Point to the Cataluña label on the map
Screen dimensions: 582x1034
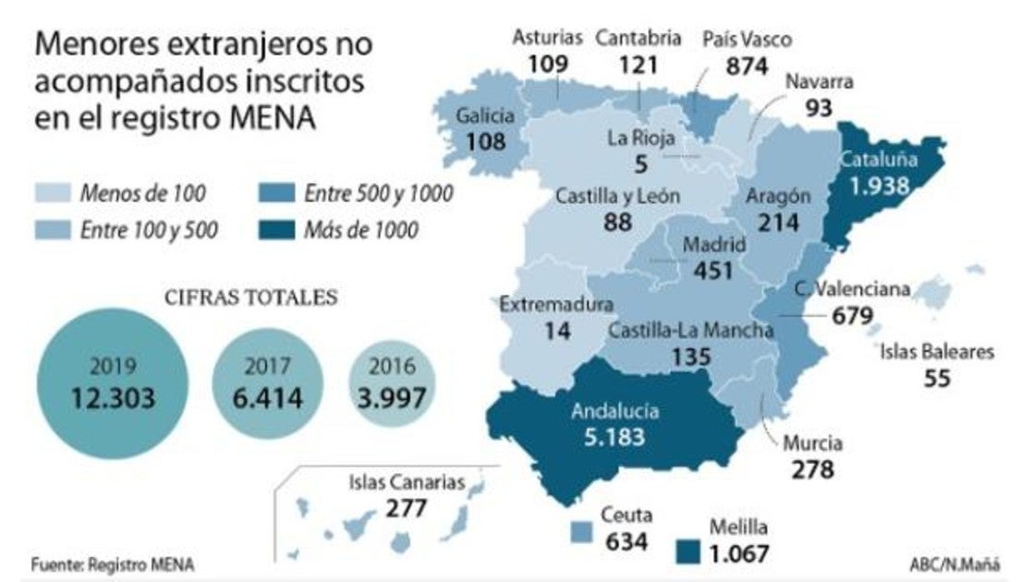tap(878, 159)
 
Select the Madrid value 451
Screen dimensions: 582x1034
tap(713, 271)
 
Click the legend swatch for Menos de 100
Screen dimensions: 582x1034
tap(52, 193)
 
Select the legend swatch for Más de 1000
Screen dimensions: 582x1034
tap(274, 229)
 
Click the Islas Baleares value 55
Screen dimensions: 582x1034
tap(936, 378)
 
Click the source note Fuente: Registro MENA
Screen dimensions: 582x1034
tap(113, 564)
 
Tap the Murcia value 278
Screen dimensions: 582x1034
tap(812, 468)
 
